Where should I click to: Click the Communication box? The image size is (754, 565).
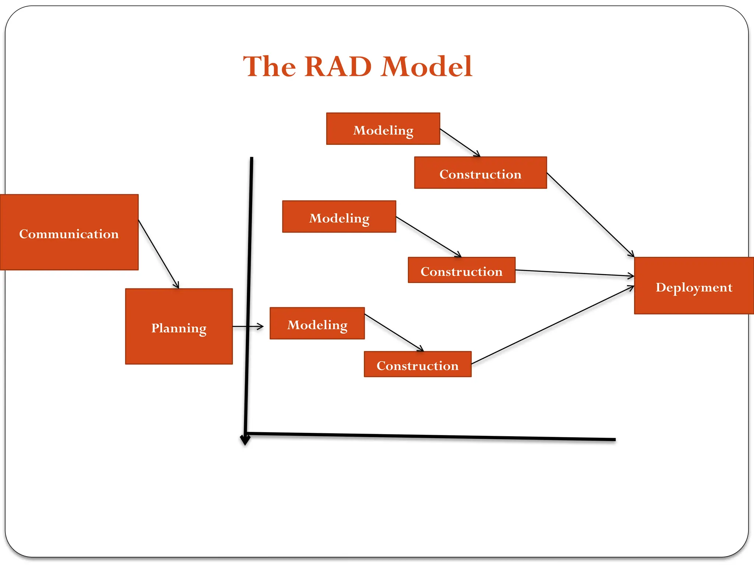(69, 232)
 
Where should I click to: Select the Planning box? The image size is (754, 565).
(179, 327)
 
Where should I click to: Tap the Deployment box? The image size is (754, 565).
(694, 286)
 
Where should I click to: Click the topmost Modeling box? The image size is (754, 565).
(383, 129)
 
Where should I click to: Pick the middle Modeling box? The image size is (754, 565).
(339, 217)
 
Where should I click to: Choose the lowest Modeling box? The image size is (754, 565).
(317, 323)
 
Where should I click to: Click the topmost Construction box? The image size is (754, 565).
(480, 173)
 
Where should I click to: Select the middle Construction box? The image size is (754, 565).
(461, 270)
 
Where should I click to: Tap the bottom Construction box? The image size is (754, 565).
(417, 364)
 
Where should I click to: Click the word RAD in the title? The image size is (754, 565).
(338, 67)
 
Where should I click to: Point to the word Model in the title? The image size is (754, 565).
(426, 67)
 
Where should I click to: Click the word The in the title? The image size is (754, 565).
(269, 67)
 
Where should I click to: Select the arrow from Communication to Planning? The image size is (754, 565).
(159, 254)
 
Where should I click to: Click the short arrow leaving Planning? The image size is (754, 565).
(248, 326)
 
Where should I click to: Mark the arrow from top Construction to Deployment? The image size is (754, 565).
(590, 215)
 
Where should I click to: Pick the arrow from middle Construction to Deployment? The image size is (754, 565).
(574, 273)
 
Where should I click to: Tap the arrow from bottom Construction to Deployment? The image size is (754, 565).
(552, 325)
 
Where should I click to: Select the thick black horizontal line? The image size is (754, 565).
(431, 437)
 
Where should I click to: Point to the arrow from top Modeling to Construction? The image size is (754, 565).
(460, 142)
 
